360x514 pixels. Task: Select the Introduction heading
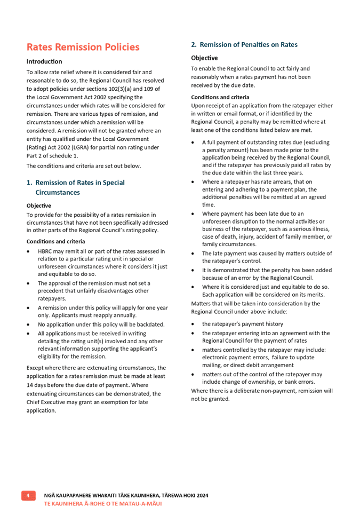[x=44, y=61]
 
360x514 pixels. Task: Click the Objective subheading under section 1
[x=38, y=205]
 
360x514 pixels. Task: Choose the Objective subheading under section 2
[x=203, y=58]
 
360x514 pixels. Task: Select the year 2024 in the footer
[x=202, y=496]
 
